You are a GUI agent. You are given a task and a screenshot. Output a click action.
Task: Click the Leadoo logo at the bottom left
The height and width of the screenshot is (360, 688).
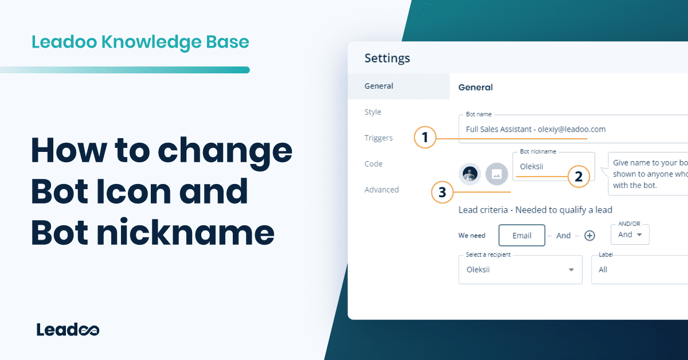68,330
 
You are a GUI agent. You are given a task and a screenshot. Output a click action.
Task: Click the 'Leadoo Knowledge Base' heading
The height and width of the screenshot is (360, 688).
140,42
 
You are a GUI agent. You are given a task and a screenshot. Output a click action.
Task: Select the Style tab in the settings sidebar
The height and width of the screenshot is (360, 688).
373,112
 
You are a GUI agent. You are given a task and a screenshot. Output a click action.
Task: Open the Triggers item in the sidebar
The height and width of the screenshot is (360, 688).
378,138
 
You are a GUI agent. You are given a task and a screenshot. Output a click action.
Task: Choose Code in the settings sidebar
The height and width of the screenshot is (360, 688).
373,164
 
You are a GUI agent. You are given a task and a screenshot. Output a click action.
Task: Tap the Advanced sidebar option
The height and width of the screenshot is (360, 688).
381,190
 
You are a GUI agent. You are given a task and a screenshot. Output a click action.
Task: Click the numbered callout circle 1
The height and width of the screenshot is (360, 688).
425,138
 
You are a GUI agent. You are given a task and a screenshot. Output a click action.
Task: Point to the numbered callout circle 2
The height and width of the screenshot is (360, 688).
578,177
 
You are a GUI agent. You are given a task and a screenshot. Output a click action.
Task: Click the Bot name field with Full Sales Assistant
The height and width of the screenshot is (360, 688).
568,129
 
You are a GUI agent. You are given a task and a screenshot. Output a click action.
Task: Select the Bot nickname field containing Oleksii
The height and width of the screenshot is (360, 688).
553,167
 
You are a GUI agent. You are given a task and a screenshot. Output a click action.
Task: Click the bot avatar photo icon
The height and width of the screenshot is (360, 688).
470,174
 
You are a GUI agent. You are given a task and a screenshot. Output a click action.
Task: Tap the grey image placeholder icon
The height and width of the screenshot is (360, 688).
497,174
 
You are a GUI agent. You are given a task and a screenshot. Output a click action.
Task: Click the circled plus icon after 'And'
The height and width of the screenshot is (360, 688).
589,236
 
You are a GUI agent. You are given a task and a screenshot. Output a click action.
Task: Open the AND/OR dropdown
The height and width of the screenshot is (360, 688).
630,234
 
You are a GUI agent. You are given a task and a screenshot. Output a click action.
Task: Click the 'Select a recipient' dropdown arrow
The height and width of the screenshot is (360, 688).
571,270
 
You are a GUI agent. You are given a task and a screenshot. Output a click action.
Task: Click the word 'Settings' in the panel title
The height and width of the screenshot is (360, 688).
387,58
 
